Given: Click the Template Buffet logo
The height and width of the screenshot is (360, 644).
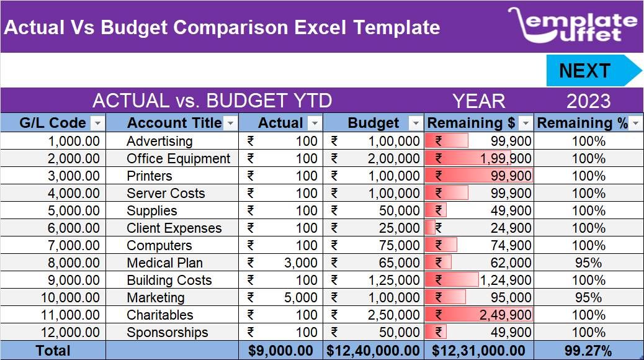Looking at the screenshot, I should pyautogui.click(x=572, y=26).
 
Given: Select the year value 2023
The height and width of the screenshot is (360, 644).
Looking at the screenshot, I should pyautogui.click(x=588, y=101).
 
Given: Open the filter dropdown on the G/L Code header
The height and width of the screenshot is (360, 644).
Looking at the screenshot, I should pyautogui.click(x=98, y=123).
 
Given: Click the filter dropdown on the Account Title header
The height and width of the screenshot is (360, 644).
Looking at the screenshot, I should pyautogui.click(x=230, y=123).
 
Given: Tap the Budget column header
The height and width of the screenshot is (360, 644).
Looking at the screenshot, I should pyautogui.click(x=373, y=123).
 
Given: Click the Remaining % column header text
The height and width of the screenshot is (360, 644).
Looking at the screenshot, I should pyautogui.click(x=582, y=123).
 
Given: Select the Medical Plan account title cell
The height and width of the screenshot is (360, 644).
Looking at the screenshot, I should pyautogui.click(x=164, y=263).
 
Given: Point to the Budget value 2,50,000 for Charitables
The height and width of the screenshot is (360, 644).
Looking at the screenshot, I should pyautogui.click(x=394, y=315).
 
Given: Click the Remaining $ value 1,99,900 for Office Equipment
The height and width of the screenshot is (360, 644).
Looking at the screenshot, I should pyautogui.click(x=505, y=159).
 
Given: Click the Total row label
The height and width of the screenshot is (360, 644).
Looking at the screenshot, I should pyautogui.click(x=53, y=351).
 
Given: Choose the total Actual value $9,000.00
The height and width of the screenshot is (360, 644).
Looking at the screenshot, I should pyautogui.click(x=280, y=351).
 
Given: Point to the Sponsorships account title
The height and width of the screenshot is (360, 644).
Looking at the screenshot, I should pyautogui.click(x=167, y=333).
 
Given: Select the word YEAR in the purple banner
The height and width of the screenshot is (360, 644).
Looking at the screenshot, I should pyautogui.click(x=478, y=101).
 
